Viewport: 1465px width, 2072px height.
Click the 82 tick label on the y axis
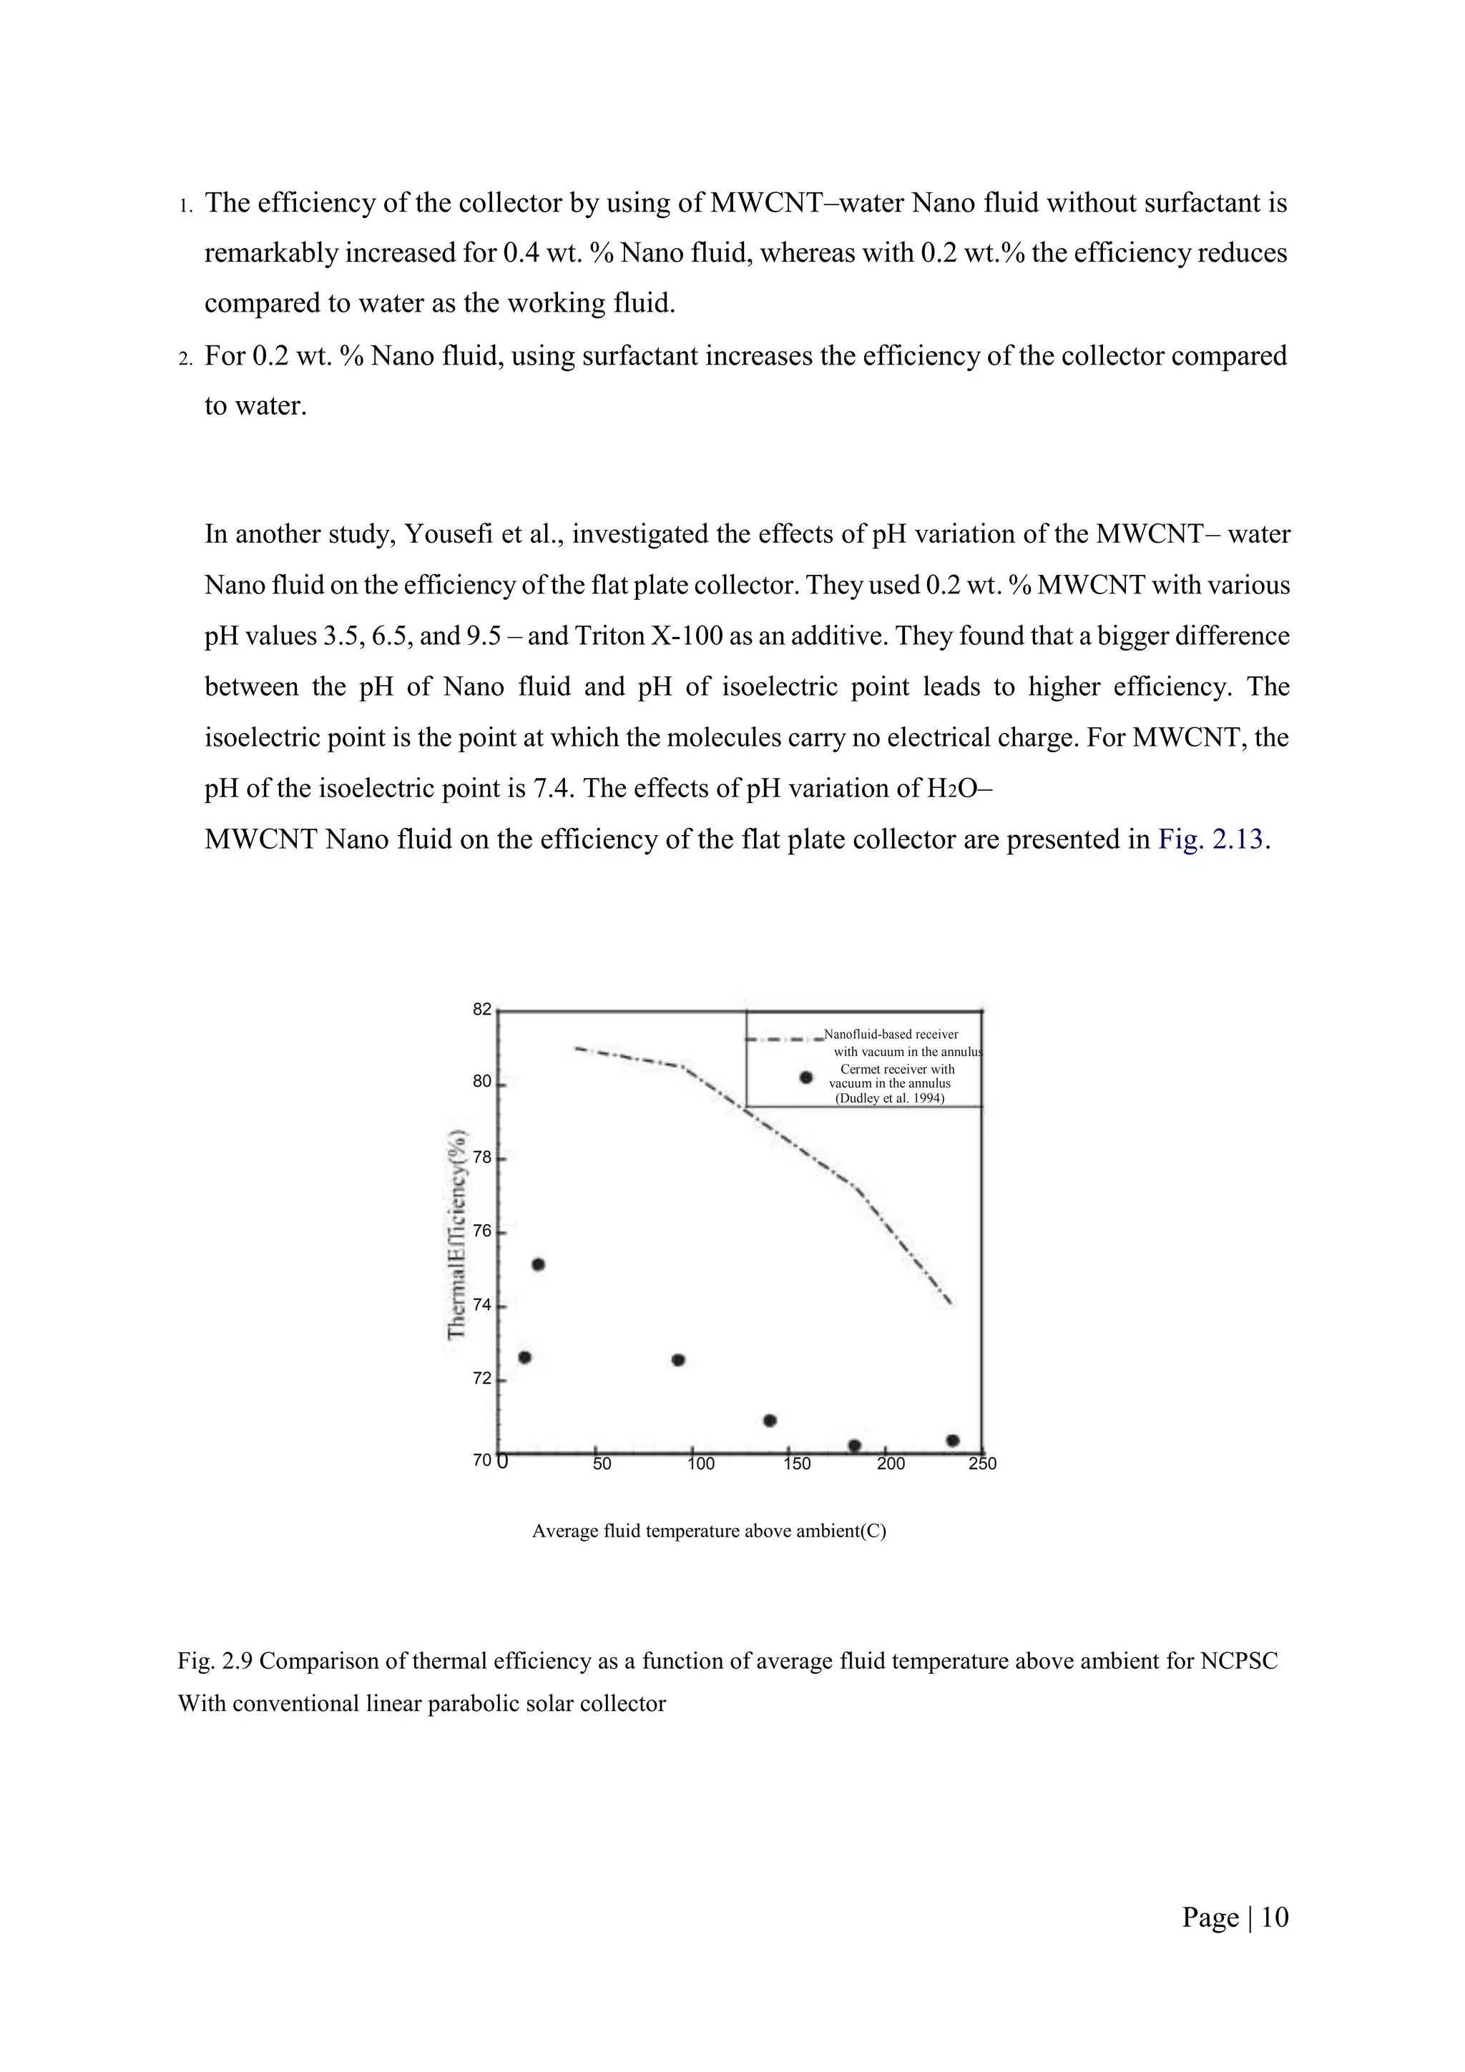pyautogui.click(x=482, y=1009)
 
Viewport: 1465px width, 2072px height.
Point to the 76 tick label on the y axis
pyautogui.click(x=482, y=1231)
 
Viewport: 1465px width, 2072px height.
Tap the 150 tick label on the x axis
pyautogui.click(x=797, y=1464)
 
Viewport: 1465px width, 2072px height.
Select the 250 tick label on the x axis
pyautogui.click(x=982, y=1464)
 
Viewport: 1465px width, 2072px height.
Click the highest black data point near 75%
pyautogui.click(x=538, y=1264)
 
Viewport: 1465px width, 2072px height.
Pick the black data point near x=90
pyautogui.click(x=679, y=1360)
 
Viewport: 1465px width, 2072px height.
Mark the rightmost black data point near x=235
pyautogui.click(x=952, y=1440)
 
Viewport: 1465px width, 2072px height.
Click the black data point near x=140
pyautogui.click(x=770, y=1421)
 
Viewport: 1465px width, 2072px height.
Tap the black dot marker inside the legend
pyautogui.click(x=807, y=1077)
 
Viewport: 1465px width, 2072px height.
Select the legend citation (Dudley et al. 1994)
pyautogui.click(x=889, y=1098)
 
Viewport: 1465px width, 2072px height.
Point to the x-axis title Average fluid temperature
pyautogui.click(x=709, y=1531)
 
